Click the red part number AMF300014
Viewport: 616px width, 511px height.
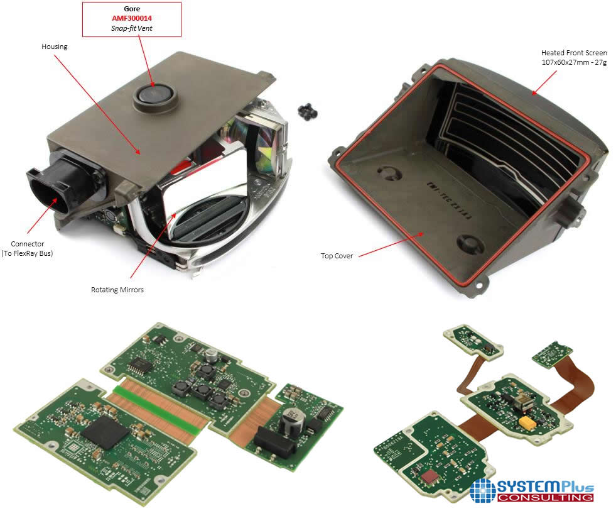point(132,18)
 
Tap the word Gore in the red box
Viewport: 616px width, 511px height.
point(132,9)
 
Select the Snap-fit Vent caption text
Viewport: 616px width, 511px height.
point(132,28)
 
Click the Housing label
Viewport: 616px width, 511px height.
point(55,47)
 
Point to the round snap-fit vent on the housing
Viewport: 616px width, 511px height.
point(155,95)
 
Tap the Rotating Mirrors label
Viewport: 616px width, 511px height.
point(117,290)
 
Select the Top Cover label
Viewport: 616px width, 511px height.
point(337,256)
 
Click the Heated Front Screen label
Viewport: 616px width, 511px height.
point(574,53)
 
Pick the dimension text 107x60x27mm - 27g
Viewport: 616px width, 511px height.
point(574,62)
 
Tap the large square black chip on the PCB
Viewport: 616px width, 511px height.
point(105,432)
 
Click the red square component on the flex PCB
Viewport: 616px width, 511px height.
point(430,476)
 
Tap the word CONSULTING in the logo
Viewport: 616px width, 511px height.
point(545,497)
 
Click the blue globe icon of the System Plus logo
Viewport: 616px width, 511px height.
point(483,490)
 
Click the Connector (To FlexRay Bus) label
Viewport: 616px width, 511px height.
point(27,249)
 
